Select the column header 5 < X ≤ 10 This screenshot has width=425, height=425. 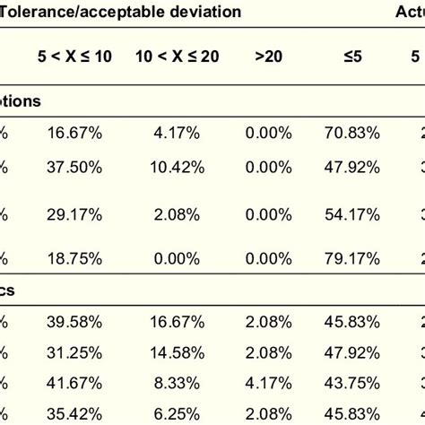(78, 56)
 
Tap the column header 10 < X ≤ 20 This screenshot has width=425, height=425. (178, 56)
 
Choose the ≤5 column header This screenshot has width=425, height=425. (351, 56)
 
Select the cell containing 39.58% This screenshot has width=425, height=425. (78, 322)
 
